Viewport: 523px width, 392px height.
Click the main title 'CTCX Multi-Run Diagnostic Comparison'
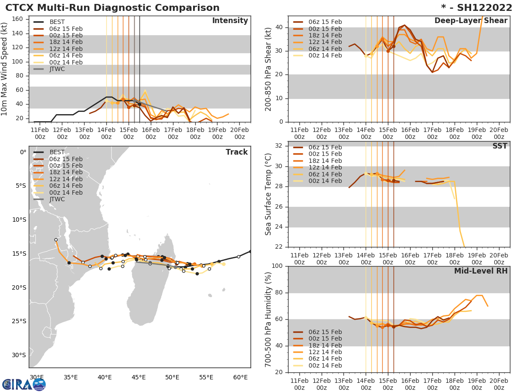click(112, 8)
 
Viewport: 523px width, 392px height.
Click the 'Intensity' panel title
click(230, 21)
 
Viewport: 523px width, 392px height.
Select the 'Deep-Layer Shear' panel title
click(471, 21)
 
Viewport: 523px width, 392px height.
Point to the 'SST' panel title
click(499, 146)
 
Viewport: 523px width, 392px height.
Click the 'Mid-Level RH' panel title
click(481, 271)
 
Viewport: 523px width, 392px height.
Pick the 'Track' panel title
click(237, 152)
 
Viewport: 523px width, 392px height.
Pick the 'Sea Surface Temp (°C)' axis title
click(268, 194)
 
